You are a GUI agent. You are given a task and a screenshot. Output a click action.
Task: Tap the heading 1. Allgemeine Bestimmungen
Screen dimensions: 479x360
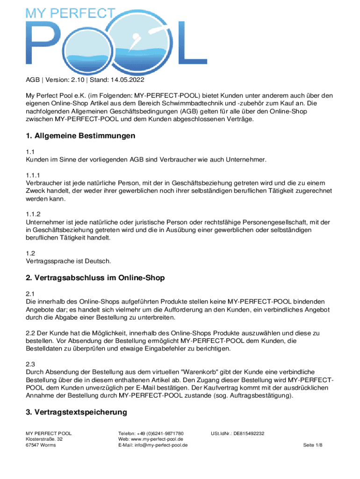80,136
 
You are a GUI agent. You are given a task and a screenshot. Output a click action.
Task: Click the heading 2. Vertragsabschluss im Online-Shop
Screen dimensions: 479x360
95,278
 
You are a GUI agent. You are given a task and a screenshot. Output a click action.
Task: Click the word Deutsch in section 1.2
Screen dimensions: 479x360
98,261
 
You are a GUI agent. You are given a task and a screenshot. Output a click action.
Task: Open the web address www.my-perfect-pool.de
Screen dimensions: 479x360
158,439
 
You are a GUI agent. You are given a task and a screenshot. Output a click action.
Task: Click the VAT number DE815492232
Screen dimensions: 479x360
249,434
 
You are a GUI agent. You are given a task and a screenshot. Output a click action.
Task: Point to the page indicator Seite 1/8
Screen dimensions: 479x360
313,445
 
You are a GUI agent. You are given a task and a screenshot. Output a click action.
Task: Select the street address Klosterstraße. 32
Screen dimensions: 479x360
44,439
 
